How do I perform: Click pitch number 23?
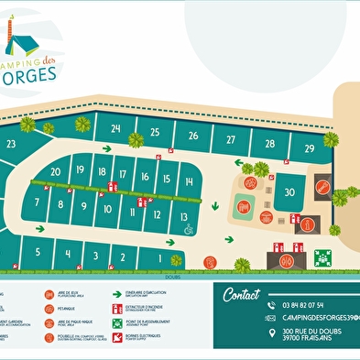coord(11,144)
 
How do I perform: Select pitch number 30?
coord(289,191)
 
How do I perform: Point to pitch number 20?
coord(56,171)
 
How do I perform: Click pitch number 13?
coord(184,217)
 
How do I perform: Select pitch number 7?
coord(37,202)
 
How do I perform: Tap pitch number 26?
coord(192,136)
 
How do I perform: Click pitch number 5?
coord(37,252)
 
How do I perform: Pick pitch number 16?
coord(144,177)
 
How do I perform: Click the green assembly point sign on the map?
coord(322,257)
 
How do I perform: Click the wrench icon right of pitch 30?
coord(322,188)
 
